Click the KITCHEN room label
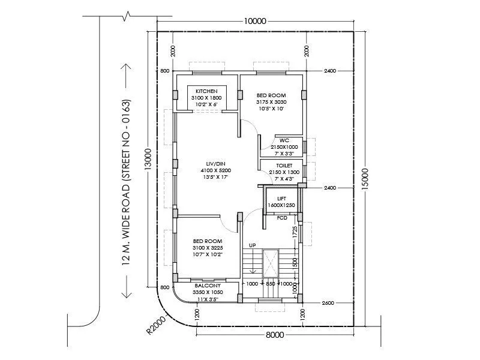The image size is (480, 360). click(206, 91)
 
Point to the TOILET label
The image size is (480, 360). click(284, 165)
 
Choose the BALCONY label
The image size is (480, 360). click(208, 286)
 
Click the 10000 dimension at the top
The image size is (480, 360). click(255, 21)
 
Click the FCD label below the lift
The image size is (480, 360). click(282, 218)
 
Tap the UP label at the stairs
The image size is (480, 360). click(253, 245)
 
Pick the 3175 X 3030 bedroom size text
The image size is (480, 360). click(271, 102)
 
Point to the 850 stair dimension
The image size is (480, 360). click(271, 284)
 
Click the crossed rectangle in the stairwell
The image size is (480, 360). click(271, 263)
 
